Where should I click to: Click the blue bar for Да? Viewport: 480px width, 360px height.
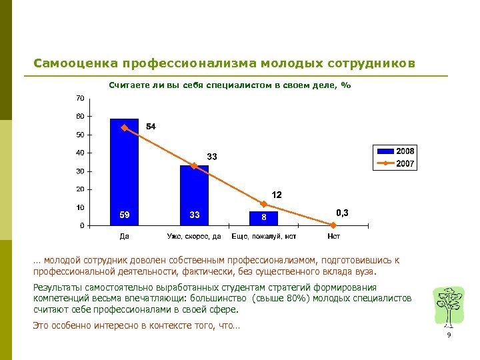pyautogui.click(x=124, y=173)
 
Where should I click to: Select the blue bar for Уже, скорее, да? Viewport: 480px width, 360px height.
pyautogui.click(x=194, y=196)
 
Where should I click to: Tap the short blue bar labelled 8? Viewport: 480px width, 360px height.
pyautogui.click(x=263, y=219)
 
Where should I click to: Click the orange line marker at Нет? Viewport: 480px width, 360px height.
pyautogui.click(x=333, y=225)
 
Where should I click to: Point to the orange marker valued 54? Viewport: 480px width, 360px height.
pyautogui.click(x=124, y=128)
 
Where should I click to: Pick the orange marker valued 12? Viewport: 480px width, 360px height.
pyautogui.click(x=263, y=204)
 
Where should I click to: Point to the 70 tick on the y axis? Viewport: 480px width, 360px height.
pyautogui.click(x=80, y=99)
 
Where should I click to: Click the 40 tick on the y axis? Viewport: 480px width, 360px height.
pyautogui.click(x=80, y=153)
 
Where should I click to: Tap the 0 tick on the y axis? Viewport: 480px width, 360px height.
pyautogui.click(x=82, y=226)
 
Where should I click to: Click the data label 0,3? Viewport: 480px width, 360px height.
pyautogui.click(x=342, y=213)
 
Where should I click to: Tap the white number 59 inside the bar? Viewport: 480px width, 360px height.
pyautogui.click(x=124, y=215)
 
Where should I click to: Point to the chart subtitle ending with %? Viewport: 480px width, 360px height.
pyautogui.click(x=229, y=85)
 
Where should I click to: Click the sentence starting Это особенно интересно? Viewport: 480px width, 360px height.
pyautogui.click(x=136, y=325)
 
